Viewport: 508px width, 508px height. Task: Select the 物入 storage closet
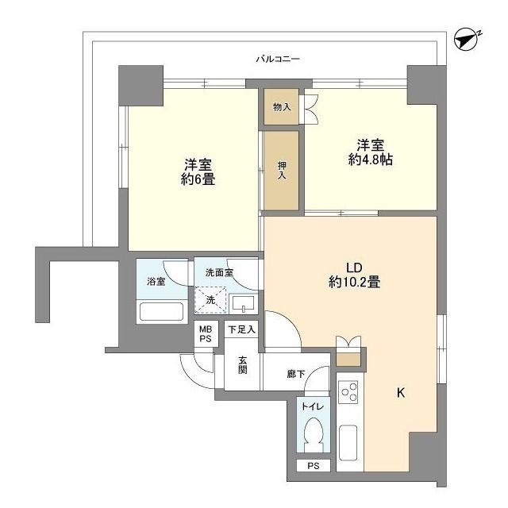[281, 107]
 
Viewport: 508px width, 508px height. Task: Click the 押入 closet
[282, 171]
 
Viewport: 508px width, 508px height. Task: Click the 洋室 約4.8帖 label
[371, 152]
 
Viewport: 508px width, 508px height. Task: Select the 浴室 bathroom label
[156, 281]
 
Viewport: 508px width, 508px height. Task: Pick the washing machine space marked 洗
[210, 300]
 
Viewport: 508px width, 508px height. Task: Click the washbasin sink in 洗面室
[243, 304]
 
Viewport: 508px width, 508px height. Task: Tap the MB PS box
[205, 334]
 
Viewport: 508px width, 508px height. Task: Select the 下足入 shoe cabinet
[241, 329]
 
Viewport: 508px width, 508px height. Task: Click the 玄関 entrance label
[242, 364]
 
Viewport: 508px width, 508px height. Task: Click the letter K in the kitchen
[400, 392]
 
